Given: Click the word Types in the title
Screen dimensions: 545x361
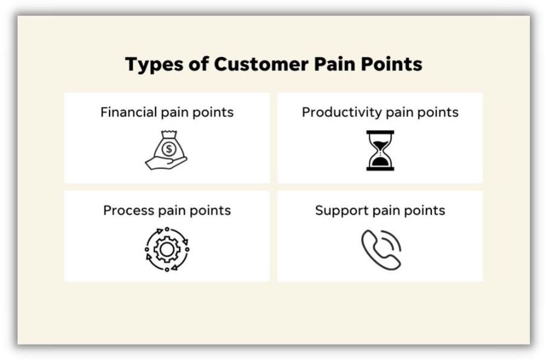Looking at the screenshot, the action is [x=154, y=65].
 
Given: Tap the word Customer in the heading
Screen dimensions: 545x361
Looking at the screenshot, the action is [x=261, y=64].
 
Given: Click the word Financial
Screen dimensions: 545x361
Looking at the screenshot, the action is [x=129, y=112].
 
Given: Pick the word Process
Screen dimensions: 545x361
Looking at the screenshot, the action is [x=128, y=211].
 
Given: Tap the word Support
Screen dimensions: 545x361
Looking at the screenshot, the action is [x=341, y=211].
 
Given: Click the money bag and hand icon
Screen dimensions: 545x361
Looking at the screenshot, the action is [x=167, y=150].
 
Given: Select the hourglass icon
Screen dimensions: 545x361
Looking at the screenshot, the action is [x=380, y=151].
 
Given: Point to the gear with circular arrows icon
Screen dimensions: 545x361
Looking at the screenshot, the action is [x=167, y=249].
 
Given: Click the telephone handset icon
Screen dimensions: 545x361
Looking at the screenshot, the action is [x=381, y=250].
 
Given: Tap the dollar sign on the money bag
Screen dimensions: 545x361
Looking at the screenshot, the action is [x=169, y=149].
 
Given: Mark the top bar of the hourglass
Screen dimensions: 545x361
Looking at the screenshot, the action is [x=380, y=132].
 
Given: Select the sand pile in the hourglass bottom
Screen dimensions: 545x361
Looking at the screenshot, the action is [x=380, y=161].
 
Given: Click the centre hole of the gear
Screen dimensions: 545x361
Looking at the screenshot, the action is [x=167, y=249].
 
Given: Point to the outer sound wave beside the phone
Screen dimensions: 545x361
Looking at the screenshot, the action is [x=393, y=240].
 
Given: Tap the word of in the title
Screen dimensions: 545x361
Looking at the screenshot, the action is [x=198, y=64].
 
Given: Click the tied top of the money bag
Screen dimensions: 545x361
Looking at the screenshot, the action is [x=169, y=134].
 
